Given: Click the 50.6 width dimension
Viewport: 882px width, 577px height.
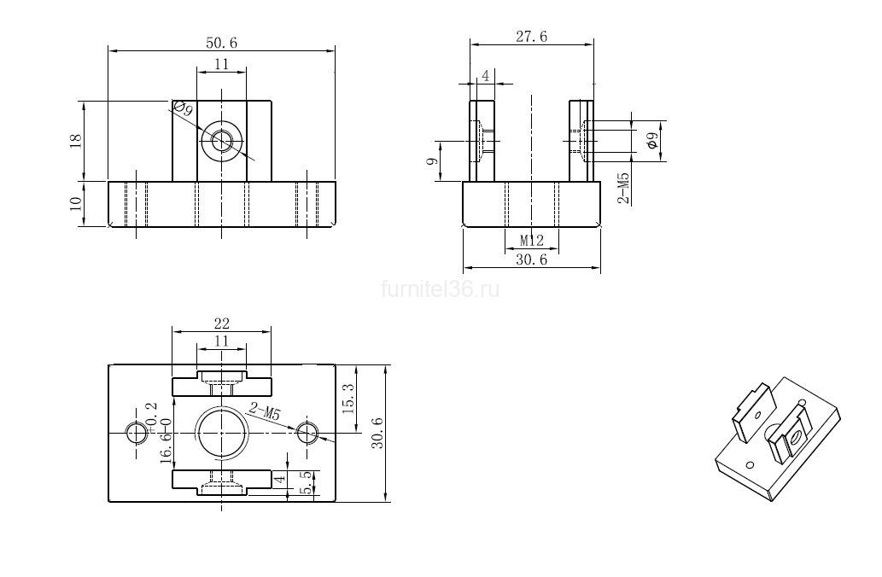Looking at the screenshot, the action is (222, 43).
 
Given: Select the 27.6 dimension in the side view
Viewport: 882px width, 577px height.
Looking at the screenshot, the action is (532, 37).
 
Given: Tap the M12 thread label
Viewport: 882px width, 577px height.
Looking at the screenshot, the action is (532, 241).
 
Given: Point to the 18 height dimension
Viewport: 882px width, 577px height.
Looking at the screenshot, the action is (76, 140).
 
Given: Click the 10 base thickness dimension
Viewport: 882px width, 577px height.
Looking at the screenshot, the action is (76, 203).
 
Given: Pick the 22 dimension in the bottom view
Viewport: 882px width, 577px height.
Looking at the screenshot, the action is (222, 323).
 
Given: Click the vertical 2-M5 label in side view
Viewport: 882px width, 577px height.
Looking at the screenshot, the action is (624, 188).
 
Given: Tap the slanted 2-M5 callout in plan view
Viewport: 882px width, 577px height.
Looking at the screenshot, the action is (263, 413).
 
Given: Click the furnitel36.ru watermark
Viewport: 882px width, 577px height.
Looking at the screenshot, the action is (441, 289).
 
